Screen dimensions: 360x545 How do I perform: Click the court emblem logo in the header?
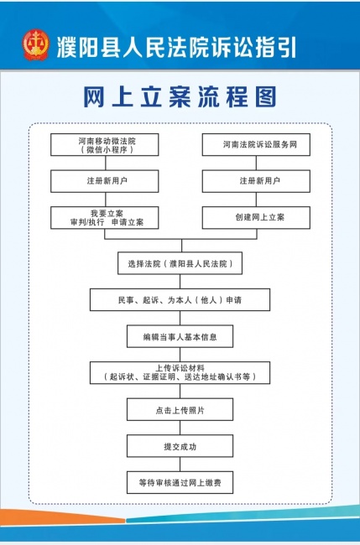click(36, 44)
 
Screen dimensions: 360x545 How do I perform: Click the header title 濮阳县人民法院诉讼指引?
click(177, 47)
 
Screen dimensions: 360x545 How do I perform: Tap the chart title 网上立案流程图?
click(180, 96)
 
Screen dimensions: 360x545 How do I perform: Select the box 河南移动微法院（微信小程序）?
click(105, 144)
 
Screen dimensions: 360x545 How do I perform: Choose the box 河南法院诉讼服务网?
click(256, 144)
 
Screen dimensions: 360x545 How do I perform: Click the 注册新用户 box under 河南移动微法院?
click(105, 181)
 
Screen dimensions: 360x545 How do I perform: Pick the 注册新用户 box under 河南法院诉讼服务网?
click(256, 181)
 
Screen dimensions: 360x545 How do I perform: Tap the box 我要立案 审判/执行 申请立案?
click(105, 218)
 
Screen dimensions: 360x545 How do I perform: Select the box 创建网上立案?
click(256, 218)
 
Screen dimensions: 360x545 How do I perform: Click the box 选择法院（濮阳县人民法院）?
click(180, 263)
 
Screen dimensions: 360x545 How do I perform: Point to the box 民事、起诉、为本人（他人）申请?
click(180, 299)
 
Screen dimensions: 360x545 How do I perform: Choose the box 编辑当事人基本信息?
click(180, 336)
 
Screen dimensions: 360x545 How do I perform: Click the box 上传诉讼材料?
click(180, 373)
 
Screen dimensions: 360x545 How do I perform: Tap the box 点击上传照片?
click(180, 409)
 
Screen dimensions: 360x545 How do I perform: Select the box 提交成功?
click(180, 446)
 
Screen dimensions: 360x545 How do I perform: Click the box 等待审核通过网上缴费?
click(180, 482)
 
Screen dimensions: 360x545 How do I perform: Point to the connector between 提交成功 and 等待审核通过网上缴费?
click(180, 465)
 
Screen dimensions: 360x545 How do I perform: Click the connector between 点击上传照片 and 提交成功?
click(180, 428)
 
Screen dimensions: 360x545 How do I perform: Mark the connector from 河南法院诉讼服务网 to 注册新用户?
click(256, 163)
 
